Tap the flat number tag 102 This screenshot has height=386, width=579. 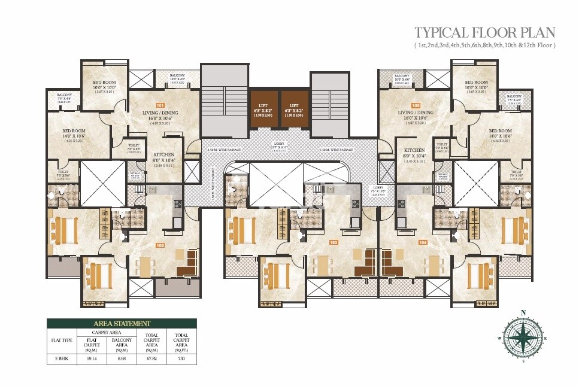point(160,245)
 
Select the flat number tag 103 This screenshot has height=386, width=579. point(334,242)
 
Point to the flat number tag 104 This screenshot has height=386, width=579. point(422,242)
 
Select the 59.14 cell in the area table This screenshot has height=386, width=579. point(92,359)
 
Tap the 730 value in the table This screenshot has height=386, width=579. point(180,359)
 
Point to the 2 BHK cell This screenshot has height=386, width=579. point(62,359)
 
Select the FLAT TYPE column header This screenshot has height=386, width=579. point(62,339)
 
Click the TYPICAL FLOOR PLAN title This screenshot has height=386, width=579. point(485,32)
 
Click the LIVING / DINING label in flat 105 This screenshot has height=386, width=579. point(415,112)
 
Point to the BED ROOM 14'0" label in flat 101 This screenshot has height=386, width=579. point(75,130)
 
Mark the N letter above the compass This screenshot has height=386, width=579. point(523,312)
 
